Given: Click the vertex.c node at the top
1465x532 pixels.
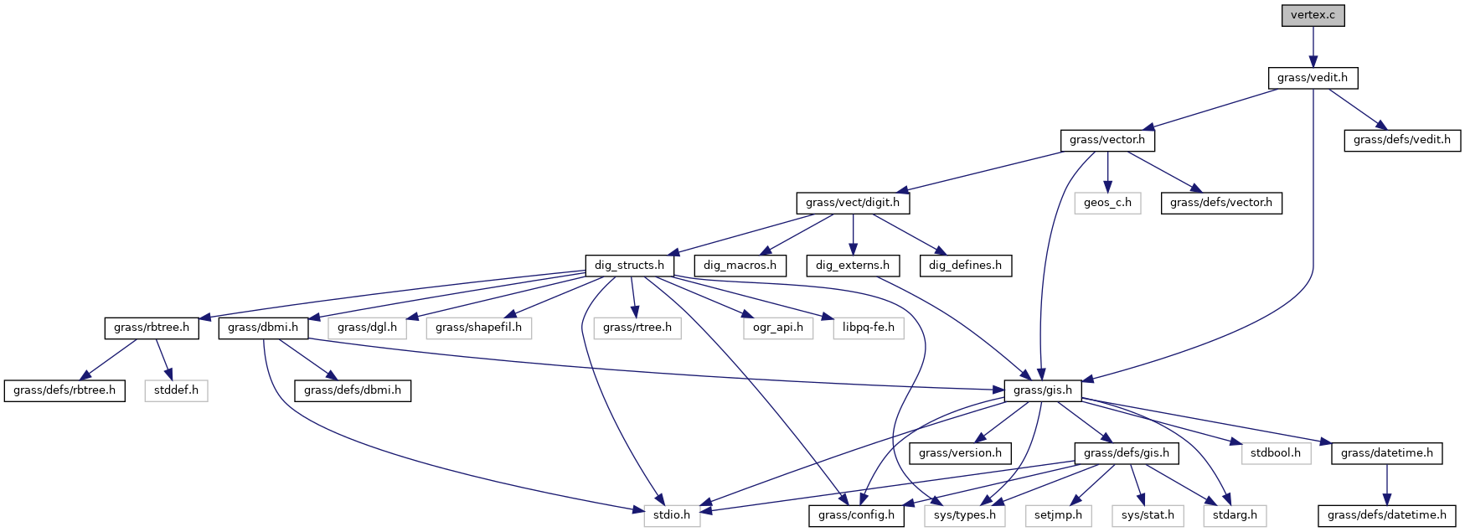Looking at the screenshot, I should pyautogui.click(x=1313, y=16).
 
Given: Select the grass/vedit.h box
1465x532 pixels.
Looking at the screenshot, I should pyautogui.click(x=1313, y=78).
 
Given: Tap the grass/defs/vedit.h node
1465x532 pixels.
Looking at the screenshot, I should pyautogui.click(x=1401, y=140).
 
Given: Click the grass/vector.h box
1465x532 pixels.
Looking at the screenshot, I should pyautogui.click(x=1106, y=140).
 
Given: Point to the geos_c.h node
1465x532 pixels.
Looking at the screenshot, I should pyautogui.click(x=1107, y=203).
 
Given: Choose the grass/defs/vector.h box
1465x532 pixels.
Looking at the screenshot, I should pyautogui.click(x=1220, y=203).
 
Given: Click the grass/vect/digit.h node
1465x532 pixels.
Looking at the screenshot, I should pyautogui.click(x=852, y=203).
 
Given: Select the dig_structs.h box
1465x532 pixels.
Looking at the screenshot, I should pyautogui.click(x=629, y=266).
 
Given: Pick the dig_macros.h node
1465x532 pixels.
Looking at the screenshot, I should pyautogui.click(x=740, y=266).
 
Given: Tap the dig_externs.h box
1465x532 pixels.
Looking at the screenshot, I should pyautogui.click(x=852, y=266).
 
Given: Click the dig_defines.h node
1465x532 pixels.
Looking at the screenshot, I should pyautogui.click(x=965, y=266).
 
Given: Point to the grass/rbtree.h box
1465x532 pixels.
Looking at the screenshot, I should pyautogui.click(x=152, y=328).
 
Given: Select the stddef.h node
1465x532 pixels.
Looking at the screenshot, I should pyautogui.click(x=176, y=390).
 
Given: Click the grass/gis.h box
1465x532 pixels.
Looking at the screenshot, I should pyautogui.click(x=1042, y=390).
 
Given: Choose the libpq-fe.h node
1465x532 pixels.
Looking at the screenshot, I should pyautogui.click(x=868, y=328).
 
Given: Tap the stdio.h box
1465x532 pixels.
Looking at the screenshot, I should pyautogui.click(x=673, y=515).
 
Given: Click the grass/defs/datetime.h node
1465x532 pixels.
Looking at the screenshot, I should pyautogui.click(x=1386, y=515).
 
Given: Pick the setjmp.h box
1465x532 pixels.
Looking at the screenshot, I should pyautogui.click(x=1058, y=515).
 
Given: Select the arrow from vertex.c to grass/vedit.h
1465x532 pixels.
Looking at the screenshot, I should pyautogui.click(x=1313, y=46).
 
